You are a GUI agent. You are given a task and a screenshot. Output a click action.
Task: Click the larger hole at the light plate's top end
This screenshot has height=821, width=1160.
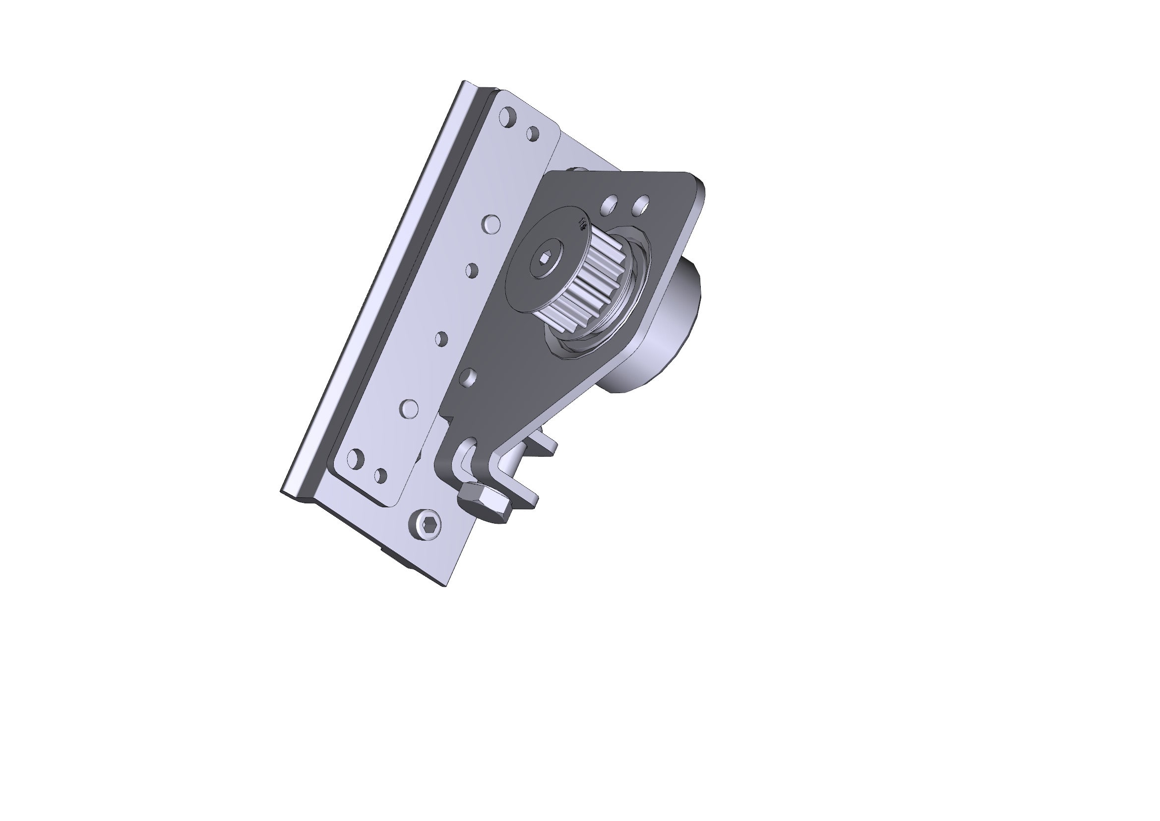(507, 117)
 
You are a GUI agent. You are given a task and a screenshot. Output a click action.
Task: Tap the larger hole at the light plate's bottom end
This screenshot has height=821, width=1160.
(356, 459)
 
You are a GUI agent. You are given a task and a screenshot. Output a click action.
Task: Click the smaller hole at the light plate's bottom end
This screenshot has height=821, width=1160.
(380, 475)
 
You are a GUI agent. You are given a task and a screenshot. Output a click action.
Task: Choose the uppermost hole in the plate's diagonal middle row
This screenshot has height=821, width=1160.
(491, 223)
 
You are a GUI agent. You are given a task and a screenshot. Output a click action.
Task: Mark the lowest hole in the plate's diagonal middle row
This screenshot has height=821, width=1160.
(409, 408)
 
